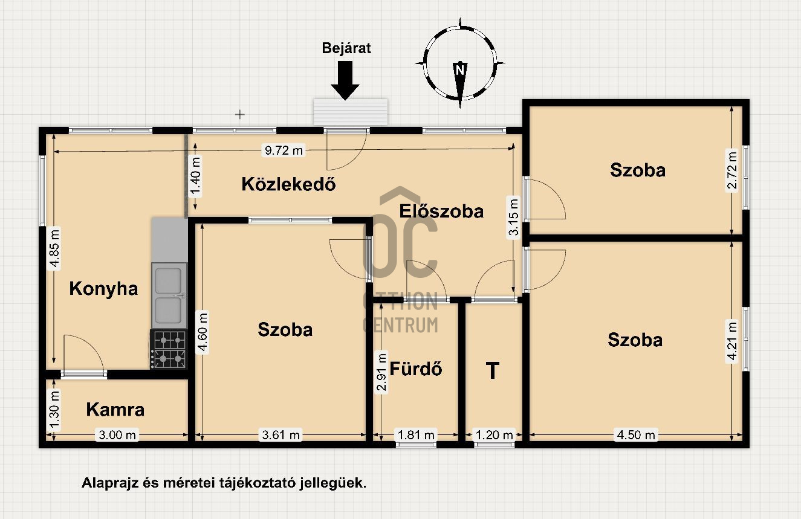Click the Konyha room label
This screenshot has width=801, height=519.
103,289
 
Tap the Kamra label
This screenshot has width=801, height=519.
115,410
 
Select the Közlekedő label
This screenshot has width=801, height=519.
288,184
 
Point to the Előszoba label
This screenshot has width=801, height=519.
441,211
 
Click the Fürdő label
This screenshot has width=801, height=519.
415,369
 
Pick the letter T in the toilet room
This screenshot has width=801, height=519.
493,370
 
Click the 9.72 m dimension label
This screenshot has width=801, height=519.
284,150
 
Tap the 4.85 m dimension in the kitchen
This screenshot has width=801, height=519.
55,248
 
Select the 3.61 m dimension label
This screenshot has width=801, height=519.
281,435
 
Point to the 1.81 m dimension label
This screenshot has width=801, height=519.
416,435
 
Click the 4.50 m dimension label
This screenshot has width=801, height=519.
636,435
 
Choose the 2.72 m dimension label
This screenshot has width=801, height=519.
731,170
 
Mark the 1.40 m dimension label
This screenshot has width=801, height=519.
195,177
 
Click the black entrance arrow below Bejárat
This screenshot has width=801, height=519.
345,80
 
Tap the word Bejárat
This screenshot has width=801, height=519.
346,48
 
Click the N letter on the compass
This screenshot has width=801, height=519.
460,69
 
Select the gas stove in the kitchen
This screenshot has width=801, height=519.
169,349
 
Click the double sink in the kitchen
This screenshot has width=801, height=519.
169,295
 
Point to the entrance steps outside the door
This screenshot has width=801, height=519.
351,112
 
